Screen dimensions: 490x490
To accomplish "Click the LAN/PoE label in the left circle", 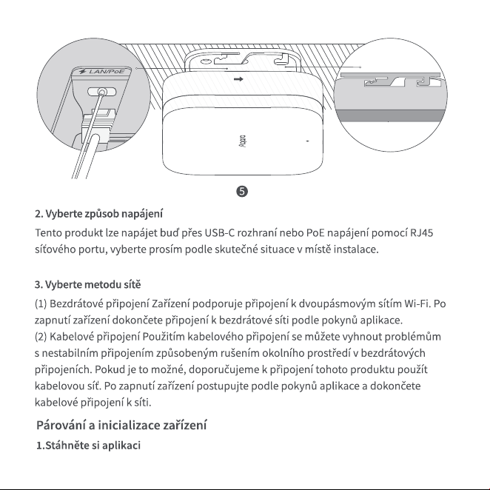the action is tap(107, 72).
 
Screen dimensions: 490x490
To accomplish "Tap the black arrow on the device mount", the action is tap(238, 79).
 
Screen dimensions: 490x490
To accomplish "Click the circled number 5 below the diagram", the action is tap(242, 191).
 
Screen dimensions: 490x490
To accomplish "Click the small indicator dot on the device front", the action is tap(307, 141).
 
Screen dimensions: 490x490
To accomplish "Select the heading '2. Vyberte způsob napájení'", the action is tap(98, 214).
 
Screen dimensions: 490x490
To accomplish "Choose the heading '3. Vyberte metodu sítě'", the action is tap(88, 285).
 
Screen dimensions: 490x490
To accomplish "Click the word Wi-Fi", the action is tap(417, 303).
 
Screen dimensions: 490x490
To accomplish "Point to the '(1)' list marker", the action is tap(41, 303).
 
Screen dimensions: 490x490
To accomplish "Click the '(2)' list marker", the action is tap(41, 337).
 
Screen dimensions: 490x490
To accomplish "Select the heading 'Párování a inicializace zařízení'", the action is tap(121, 426).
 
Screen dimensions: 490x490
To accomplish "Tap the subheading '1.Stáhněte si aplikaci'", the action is tap(88, 446).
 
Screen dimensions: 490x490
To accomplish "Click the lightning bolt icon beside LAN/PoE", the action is tap(82, 72).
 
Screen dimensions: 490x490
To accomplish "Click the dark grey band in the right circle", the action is tap(391, 115).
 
